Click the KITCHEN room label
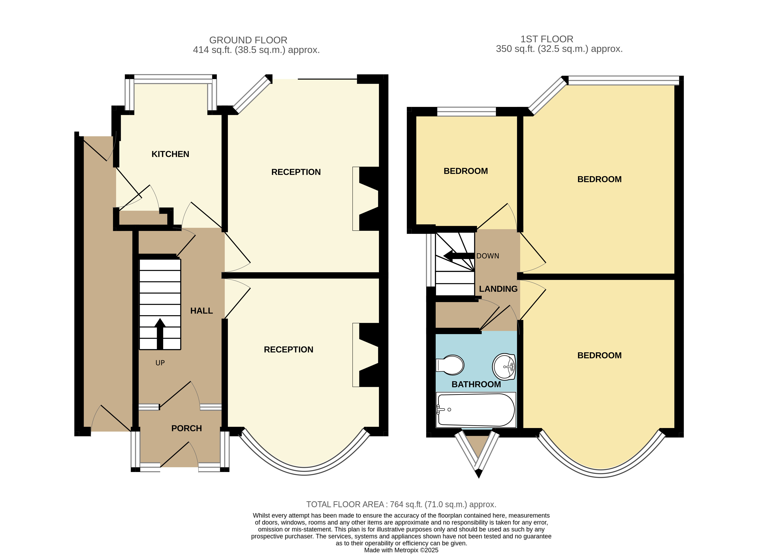(170, 154)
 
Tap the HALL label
(201, 311)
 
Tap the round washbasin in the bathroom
(504, 367)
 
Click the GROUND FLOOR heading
(248, 40)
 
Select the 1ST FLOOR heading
(547, 39)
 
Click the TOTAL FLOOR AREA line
(401, 504)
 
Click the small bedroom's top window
(466, 111)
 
